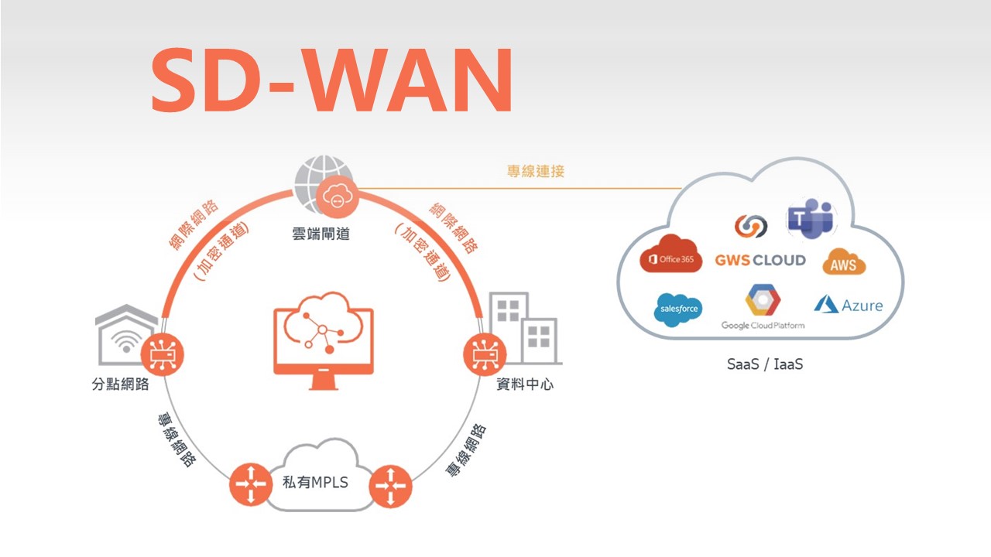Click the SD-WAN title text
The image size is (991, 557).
[331, 80]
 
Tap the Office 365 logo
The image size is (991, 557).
[670, 258]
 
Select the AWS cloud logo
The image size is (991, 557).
[843, 264]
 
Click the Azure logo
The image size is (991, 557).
[848, 305]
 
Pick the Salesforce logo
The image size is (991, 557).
[678, 309]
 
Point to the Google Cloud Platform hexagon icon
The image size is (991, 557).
[763, 300]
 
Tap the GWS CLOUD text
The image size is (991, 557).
[760, 260]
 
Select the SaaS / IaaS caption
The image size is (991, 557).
[764, 364]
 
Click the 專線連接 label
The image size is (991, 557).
[536, 172]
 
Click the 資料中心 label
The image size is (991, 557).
[525, 384]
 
